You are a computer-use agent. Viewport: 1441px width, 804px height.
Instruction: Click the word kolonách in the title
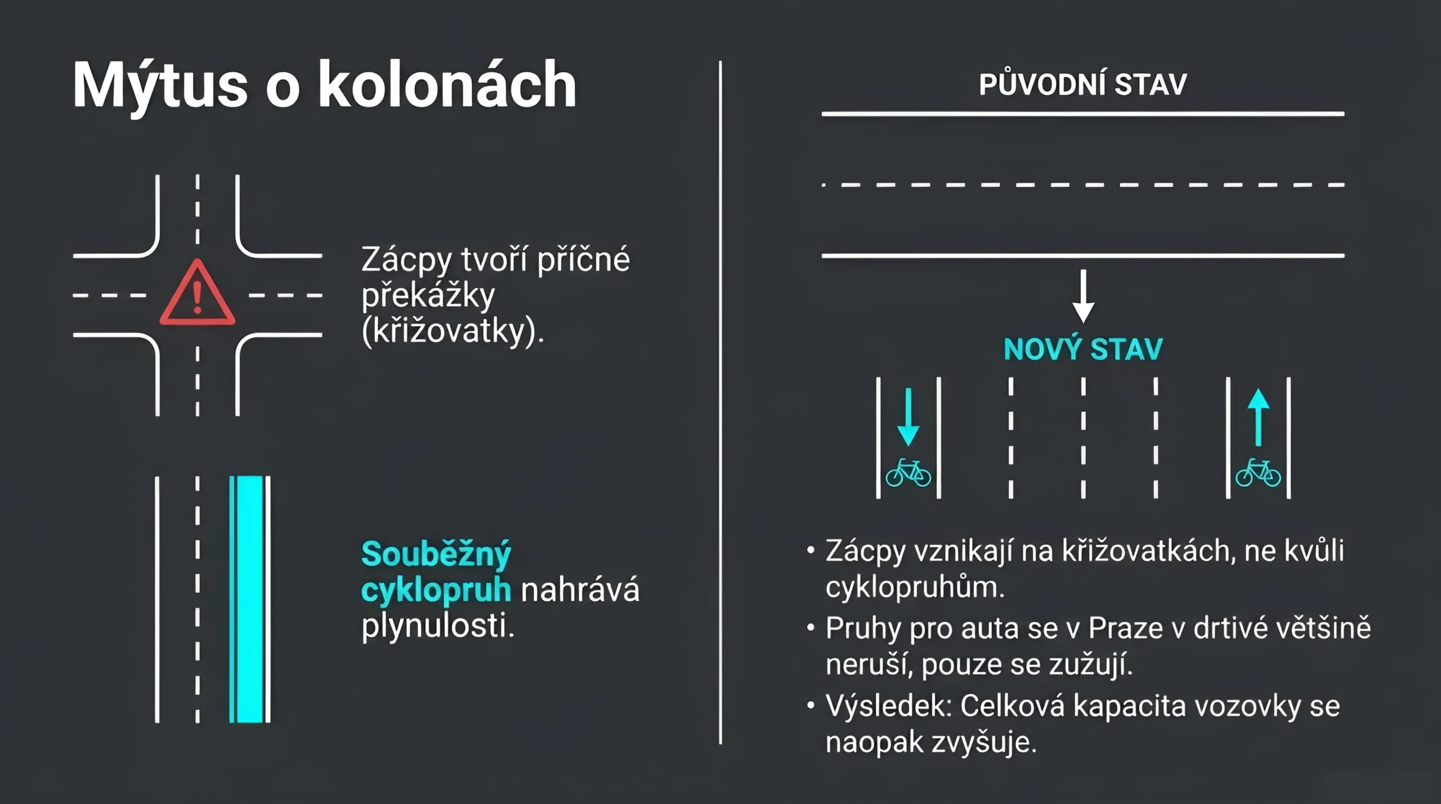447,84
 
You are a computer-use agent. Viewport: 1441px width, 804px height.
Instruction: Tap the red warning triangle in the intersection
197,293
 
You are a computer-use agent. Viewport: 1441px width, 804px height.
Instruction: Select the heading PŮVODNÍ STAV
1082,84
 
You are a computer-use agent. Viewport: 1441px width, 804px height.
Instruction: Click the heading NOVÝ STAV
1083,349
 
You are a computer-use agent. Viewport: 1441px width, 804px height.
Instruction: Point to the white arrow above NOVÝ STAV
1083,297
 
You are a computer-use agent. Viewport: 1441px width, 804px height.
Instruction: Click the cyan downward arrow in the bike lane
908,417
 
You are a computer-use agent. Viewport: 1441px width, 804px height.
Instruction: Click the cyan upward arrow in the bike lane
1259,417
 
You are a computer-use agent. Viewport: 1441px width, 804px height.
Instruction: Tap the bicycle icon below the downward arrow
908,473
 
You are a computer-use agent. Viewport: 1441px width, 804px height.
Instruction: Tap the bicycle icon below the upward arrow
1258,473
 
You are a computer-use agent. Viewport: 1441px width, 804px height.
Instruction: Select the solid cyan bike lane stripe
249,599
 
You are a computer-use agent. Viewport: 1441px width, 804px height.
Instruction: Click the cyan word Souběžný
436,555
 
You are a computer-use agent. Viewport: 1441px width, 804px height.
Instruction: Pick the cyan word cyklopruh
436,591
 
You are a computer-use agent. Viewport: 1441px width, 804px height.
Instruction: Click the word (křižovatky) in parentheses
453,331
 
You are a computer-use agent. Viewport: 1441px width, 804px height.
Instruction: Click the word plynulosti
438,627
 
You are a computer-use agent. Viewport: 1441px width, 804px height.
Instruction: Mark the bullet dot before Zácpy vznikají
811,550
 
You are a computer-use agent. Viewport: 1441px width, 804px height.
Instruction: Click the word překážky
428,295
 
